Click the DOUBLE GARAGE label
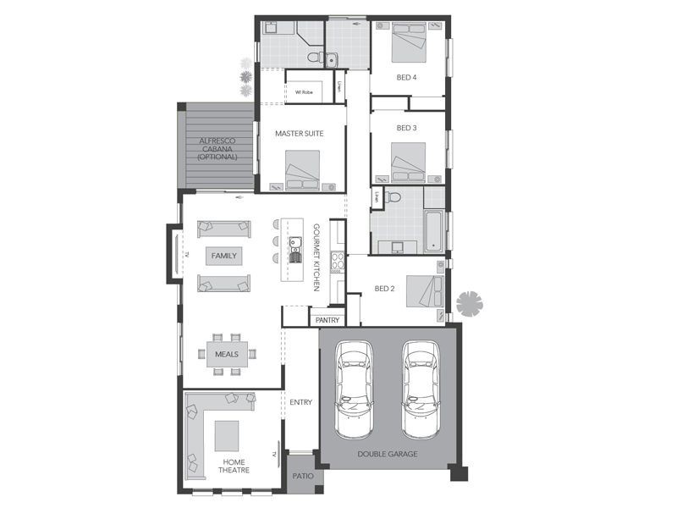click(388, 454)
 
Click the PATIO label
click(303, 476)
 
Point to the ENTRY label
click(300, 402)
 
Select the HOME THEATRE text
click(234, 466)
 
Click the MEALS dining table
click(227, 354)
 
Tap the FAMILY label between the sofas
click(224, 255)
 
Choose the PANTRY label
click(327, 320)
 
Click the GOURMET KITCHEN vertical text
click(316, 258)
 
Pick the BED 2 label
click(385, 289)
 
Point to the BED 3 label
click(407, 128)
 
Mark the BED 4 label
click(406, 77)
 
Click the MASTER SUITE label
click(300, 133)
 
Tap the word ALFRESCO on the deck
click(216, 141)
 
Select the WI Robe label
click(304, 91)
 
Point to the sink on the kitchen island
click(294, 244)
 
